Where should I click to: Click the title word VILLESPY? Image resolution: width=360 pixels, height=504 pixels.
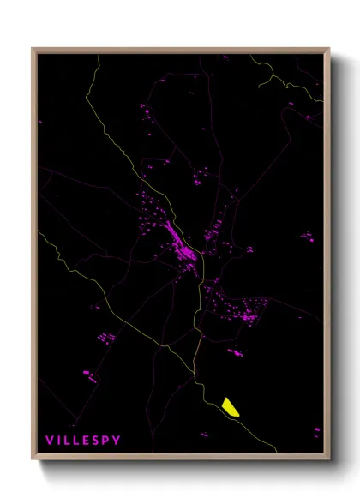pos(83,441)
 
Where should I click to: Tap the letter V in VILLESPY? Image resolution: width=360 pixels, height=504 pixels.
pos(49,441)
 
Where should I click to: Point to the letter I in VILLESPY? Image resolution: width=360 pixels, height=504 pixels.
pos(58,441)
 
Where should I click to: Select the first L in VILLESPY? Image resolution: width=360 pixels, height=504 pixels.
pos(67,441)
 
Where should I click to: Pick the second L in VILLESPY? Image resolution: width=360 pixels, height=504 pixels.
pos(77,441)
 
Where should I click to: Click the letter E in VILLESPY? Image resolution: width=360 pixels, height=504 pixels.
pos(87,441)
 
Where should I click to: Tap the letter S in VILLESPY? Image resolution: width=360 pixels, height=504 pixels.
pos(97,441)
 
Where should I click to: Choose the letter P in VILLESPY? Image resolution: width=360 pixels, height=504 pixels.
pos(106,441)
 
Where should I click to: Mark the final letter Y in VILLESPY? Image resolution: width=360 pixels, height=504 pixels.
pos(117,441)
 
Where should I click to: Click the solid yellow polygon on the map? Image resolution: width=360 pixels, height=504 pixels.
pos(231,405)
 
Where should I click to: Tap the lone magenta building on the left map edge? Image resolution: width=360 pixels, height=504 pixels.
pos(40,122)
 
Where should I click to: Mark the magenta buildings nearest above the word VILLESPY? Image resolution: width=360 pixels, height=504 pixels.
pos(87,374)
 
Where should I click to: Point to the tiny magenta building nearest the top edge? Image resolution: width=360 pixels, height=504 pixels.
pos(225,57)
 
